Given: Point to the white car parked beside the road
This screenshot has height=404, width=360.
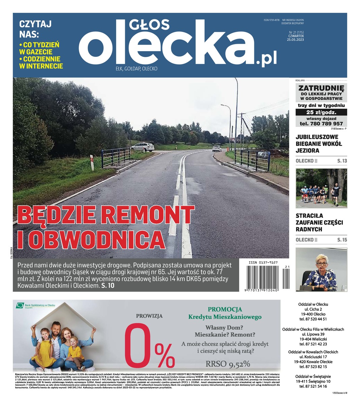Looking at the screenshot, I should pos(143,147).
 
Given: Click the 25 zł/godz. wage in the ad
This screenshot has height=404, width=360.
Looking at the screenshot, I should pos(321,112).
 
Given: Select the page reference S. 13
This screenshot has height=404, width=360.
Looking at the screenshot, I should pos(342,161).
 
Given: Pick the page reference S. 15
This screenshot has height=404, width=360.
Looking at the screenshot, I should pos(342,240).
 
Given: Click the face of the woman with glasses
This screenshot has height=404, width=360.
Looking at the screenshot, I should pos(322,263).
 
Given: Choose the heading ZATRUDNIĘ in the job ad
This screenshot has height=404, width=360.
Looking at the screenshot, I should pos(321,88).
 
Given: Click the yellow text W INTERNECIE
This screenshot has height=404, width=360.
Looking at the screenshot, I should pos(41,66).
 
